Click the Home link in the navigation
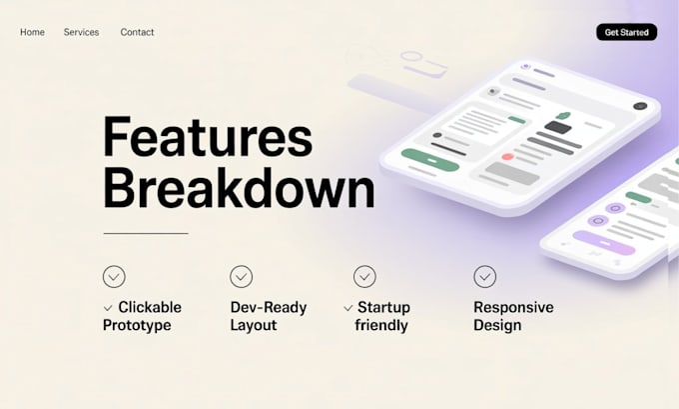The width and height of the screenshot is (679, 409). [x=32, y=32]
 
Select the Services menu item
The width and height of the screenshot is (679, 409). [x=81, y=32]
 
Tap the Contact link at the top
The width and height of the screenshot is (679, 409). [x=137, y=32]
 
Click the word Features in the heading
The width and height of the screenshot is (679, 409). [x=208, y=138]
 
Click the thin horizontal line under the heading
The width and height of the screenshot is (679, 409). [x=145, y=233]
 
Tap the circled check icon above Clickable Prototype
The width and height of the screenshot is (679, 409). [x=114, y=276]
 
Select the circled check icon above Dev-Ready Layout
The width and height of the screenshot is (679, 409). [x=241, y=276]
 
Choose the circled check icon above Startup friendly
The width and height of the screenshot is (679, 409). [x=364, y=276]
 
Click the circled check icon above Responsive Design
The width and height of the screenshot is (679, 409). [x=484, y=276]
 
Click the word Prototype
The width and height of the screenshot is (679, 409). [x=137, y=325]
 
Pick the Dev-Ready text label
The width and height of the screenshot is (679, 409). [x=268, y=307]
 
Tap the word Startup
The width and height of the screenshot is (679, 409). [x=383, y=307]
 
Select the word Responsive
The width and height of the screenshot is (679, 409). [x=513, y=307]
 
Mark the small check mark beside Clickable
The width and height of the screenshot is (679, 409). [x=108, y=308]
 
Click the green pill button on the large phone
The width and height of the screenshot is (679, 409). [x=430, y=160]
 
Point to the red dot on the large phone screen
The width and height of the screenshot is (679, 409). [x=508, y=157]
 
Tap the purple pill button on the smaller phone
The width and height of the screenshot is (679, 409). [x=604, y=243]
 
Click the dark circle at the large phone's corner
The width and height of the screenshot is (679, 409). [x=639, y=106]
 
